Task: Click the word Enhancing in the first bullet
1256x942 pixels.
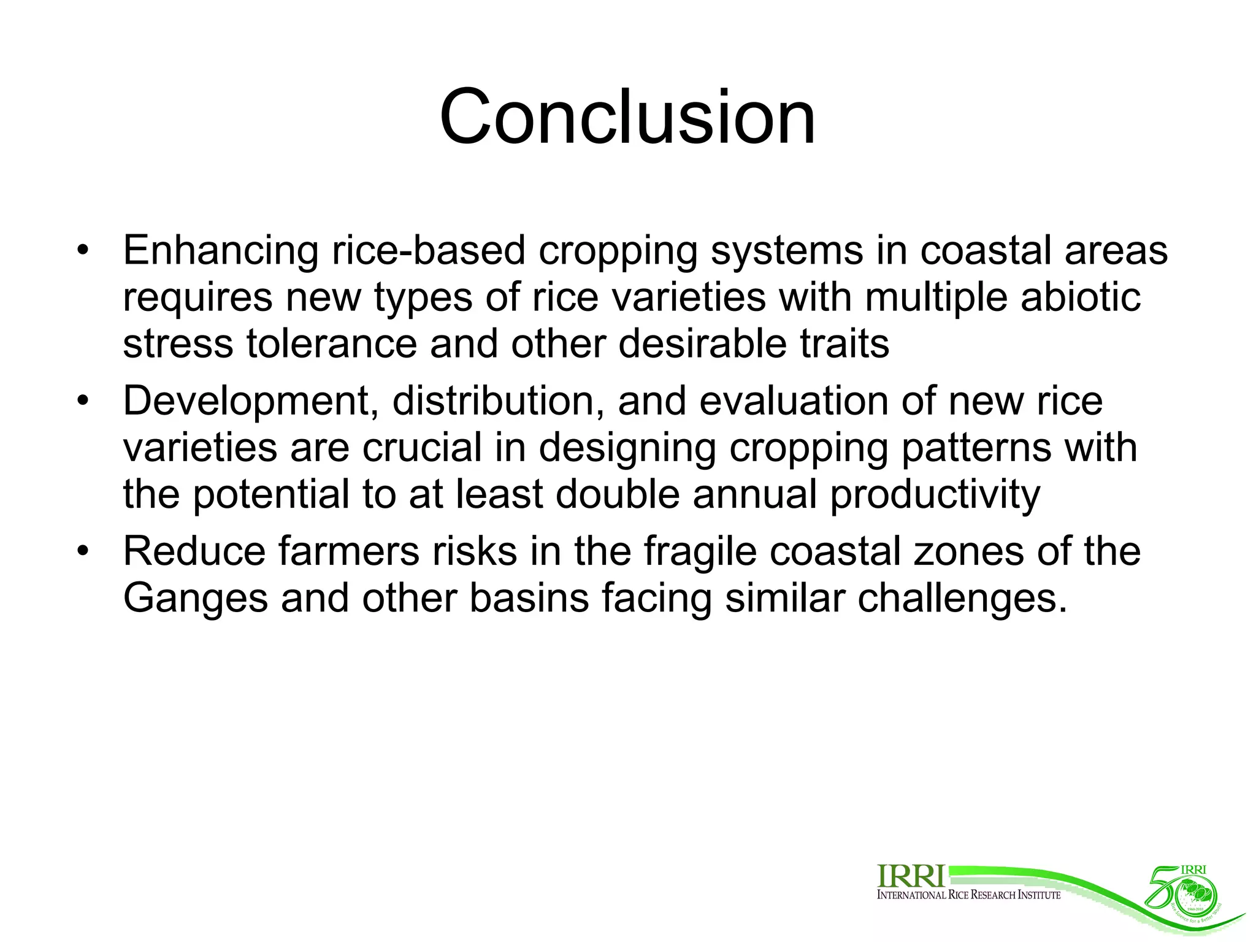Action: pos(220,251)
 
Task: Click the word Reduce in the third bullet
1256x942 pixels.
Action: pos(194,551)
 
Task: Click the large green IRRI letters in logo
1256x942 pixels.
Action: pos(911,876)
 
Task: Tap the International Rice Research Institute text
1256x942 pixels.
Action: pos(968,895)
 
